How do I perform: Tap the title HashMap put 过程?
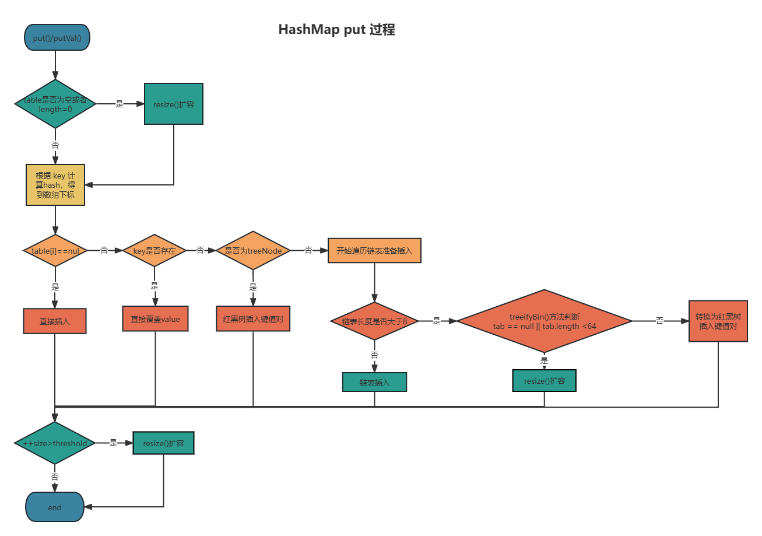click(x=336, y=30)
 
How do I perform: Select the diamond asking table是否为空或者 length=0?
click(x=55, y=104)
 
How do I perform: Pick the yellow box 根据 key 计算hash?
click(x=55, y=185)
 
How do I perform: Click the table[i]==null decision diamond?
click(x=55, y=251)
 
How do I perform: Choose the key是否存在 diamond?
click(x=154, y=251)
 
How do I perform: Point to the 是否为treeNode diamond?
click(x=253, y=251)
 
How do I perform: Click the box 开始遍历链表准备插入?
click(x=374, y=251)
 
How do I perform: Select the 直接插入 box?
click(x=55, y=321)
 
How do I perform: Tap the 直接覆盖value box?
click(x=155, y=319)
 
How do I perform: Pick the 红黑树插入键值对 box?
click(x=253, y=319)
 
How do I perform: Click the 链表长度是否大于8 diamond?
click(x=374, y=321)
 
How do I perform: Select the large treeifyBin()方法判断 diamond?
click(x=544, y=321)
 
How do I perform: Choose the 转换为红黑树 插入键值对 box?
click(x=718, y=321)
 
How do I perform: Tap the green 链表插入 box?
click(x=374, y=382)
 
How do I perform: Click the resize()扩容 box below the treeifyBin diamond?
click(x=544, y=381)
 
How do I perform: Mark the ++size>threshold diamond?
click(x=55, y=443)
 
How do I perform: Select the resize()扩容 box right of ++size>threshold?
click(x=163, y=443)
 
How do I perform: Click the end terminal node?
click(x=55, y=507)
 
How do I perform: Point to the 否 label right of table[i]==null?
click(x=104, y=251)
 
